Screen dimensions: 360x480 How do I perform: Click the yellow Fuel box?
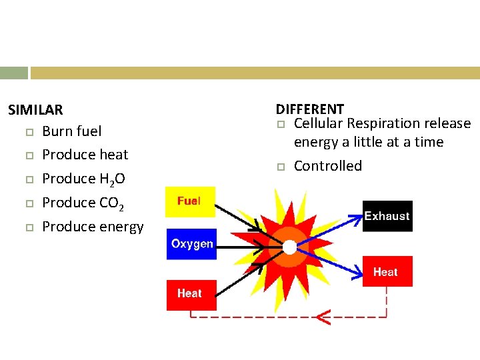(x=191, y=201)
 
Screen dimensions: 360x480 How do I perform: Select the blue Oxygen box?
(x=191, y=243)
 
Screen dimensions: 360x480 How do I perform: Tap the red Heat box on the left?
(x=191, y=295)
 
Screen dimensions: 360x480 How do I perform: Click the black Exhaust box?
(x=387, y=216)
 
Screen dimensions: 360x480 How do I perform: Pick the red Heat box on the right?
(x=387, y=271)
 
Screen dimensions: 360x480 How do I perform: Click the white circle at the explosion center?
(x=289, y=247)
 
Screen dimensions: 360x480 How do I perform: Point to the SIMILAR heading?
(x=35, y=109)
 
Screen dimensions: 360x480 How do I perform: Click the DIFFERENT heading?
(x=310, y=109)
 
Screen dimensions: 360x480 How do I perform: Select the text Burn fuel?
(x=71, y=131)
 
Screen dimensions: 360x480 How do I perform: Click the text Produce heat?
(x=85, y=155)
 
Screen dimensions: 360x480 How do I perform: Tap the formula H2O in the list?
(x=111, y=179)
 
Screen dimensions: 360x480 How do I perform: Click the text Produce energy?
(x=93, y=227)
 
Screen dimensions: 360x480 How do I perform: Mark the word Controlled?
(x=328, y=166)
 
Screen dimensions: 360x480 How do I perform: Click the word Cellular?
(x=318, y=123)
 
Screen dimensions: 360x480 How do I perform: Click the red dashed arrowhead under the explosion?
(x=323, y=317)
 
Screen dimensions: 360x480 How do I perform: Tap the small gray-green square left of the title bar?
(x=14, y=73)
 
